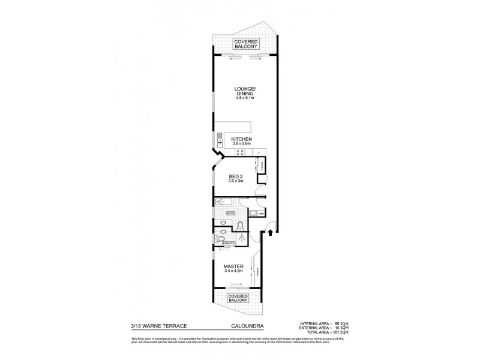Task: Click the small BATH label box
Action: coord(231,214)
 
